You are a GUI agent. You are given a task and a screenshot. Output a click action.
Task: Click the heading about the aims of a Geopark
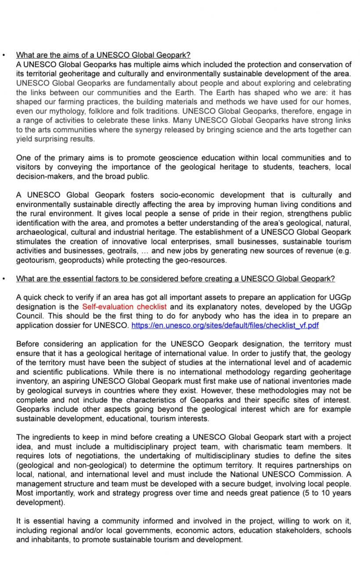(x=103, y=55)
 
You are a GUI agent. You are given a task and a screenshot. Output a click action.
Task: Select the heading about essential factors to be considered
(x=175, y=279)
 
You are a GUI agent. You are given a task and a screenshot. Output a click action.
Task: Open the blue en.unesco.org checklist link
(x=225, y=325)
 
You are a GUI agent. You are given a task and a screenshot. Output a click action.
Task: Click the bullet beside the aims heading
(x=4, y=56)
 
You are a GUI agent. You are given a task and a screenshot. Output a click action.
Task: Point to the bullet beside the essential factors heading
(x=4, y=279)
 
